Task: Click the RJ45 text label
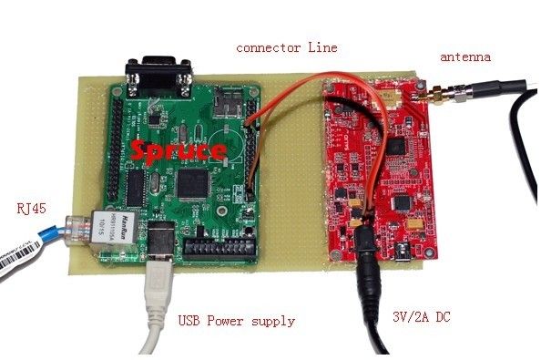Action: pos(31,210)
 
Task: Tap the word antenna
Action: pos(465,57)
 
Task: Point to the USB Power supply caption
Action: pos(236,321)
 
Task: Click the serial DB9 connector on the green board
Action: pos(160,73)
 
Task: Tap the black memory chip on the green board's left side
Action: pos(135,187)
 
